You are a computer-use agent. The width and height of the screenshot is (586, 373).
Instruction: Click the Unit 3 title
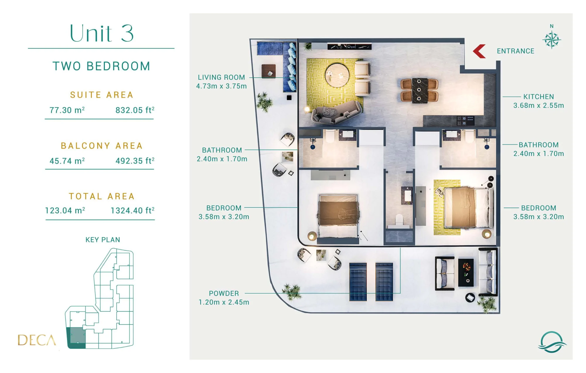click(101, 33)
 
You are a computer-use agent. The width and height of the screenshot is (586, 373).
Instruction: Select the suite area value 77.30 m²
click(67, 110)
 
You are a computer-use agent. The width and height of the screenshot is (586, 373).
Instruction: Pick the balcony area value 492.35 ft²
click(135, 161)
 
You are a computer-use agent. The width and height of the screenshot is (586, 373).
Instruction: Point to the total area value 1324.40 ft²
click(132, 210)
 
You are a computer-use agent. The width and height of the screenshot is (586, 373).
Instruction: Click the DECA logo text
click(37, 340)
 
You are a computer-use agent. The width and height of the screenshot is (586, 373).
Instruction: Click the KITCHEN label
click(539, 97)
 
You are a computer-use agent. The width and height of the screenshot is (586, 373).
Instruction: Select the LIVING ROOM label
click(221, 77)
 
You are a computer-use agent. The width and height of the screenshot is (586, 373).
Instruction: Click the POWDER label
click(224, 293)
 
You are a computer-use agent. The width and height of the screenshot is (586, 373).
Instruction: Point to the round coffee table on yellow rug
click(337, 75)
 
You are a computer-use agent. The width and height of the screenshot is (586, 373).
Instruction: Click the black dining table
click(419, 90)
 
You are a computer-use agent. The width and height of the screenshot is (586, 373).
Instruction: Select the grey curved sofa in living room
click(337, 113)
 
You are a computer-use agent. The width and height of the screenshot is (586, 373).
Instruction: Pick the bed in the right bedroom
click(468, 208)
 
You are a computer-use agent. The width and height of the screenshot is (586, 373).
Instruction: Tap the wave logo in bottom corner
click(552, 342)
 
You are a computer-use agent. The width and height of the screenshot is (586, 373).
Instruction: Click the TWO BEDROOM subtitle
click(101, 66)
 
